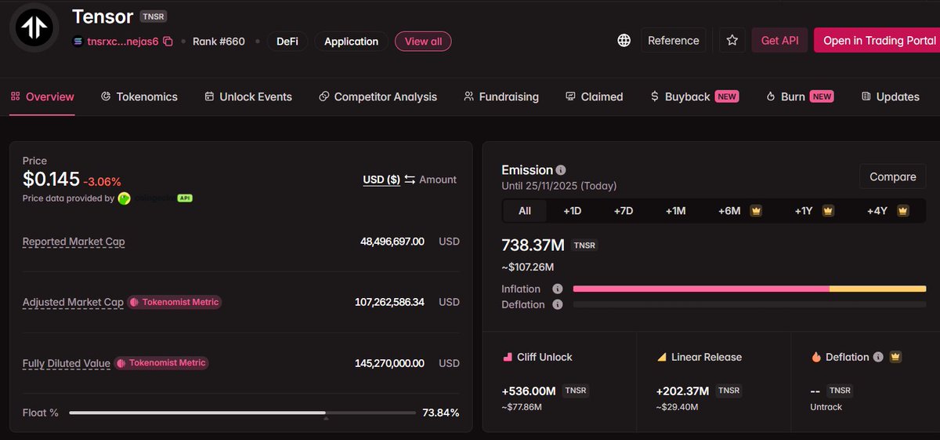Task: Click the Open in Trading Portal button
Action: [876, 41]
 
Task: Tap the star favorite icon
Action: [732, 41]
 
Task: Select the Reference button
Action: [673, 41]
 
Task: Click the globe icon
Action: [624, 41]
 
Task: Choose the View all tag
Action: [423, 42]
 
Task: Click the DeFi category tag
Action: [287, 42]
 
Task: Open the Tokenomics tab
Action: [139, 96]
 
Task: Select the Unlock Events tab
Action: [248, 96]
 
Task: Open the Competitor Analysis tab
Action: [378, 96]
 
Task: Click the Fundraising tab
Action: [501, 96]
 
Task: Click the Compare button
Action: [892, 176]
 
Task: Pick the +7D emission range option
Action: [623, 211]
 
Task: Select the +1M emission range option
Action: [675, 211]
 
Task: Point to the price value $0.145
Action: [51, 180]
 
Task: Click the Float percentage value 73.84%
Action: [440, 413]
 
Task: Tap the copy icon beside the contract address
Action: [168, 42]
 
